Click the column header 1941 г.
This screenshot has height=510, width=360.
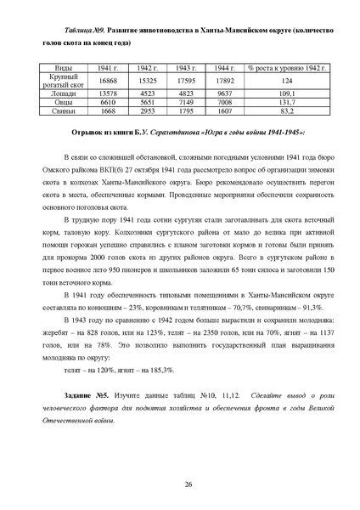pyautogui.click(x=108, y=66)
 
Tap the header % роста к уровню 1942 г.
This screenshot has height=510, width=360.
pyautogui.click(x=283, y=66)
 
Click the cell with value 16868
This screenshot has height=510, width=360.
pyautogui.click(x=108, y=80)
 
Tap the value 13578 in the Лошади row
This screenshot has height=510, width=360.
pyautogui.click(x=108, y=93)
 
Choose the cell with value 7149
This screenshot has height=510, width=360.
pyautogui.click(x=184, y=102)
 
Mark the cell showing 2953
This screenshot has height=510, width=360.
pyautogui.click(x=146, y=110)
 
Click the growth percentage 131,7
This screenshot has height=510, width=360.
pyautogui.click(x=283, y=102)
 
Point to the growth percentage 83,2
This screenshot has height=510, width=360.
pyautogui.click(x=283, y=110)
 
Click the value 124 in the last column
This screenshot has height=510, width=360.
pyautogui.click(x=283, y=80)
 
